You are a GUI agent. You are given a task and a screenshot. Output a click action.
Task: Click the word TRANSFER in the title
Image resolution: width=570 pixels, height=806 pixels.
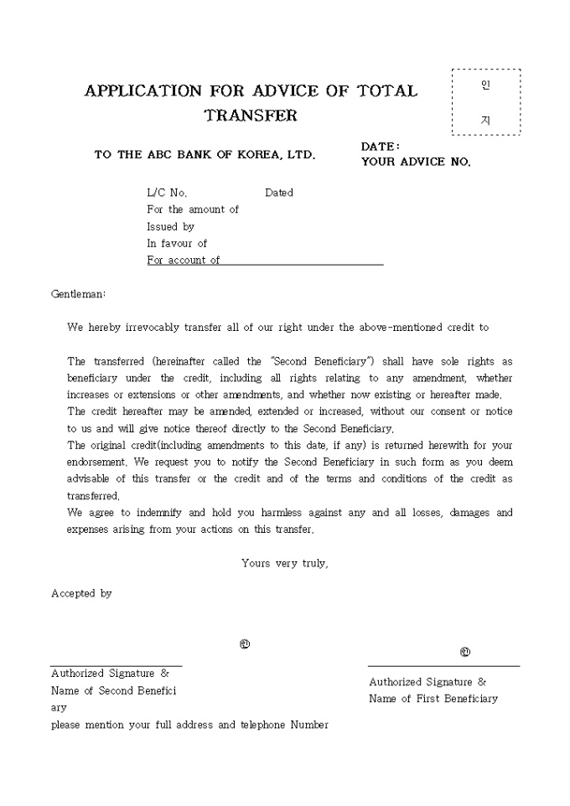point(251,116)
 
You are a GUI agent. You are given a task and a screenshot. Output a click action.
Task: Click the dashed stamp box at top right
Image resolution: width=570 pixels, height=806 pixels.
point(486,102)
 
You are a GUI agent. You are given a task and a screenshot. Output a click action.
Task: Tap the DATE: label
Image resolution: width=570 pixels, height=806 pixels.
point(380,147)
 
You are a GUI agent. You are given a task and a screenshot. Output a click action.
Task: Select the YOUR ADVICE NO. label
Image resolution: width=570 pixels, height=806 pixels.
point(416,162)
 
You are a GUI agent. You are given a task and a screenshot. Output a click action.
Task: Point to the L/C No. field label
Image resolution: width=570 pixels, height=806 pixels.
point(167,193)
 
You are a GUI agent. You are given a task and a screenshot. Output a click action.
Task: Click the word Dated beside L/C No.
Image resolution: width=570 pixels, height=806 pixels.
point(279,193)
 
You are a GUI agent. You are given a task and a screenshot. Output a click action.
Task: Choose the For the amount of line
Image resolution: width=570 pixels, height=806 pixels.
point(193,209)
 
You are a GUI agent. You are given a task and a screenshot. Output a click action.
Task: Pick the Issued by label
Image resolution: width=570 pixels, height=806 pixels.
point(170,226)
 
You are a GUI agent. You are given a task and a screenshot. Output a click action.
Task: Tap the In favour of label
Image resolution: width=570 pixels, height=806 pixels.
point(177,243)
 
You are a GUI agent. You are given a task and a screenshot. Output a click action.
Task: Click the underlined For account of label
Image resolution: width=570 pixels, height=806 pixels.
point(184,260)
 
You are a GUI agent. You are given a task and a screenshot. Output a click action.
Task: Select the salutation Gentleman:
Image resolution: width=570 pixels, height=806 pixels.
point(79,294)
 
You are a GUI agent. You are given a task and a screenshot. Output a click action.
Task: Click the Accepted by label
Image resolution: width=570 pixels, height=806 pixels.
point(81,593)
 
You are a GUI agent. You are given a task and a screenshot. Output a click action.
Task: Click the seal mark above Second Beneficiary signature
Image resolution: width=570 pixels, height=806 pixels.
point(244,644)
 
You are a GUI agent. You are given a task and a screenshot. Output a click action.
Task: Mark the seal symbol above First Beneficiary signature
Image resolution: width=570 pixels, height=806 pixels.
point(465,652)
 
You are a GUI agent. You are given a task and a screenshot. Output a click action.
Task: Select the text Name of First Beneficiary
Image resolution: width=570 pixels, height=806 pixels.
point(433,699)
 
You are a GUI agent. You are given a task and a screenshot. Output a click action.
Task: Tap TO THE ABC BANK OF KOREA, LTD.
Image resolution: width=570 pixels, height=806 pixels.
point(205,155)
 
